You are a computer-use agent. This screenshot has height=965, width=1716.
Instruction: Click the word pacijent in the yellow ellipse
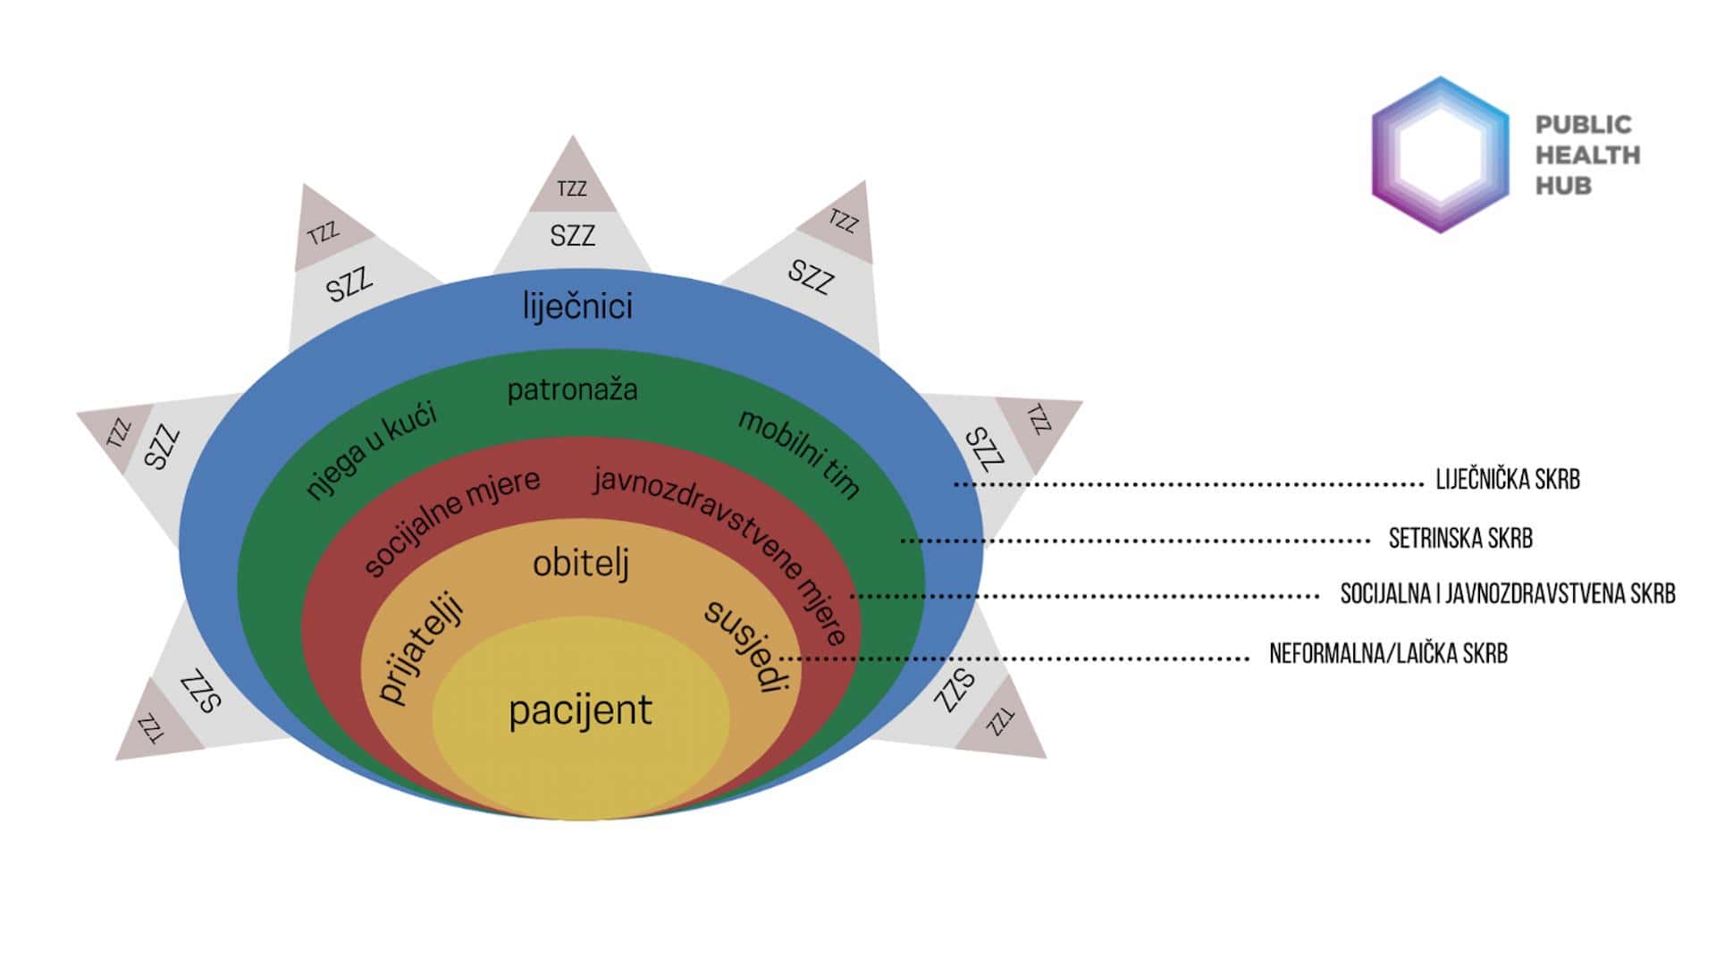(x=580, y=711)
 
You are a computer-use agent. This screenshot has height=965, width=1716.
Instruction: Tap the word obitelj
(x=581, y=563)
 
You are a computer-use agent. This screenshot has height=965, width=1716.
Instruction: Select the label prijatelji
(x=421, y=649)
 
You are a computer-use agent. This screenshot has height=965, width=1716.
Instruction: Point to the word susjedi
(x=747, y=645)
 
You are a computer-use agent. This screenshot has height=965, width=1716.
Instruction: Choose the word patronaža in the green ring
(x=572, y=390)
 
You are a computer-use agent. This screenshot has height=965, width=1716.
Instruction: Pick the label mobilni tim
(x=799, y=453)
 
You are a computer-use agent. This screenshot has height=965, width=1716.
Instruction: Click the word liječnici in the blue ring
(x=577, y=306)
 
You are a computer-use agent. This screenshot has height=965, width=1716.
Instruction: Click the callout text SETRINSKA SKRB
(x=1460, y=538)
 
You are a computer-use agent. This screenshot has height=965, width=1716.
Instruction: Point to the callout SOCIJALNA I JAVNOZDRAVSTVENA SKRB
(x=1508, y=594)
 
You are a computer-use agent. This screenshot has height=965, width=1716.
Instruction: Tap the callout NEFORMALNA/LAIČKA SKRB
(x=1388, y=654)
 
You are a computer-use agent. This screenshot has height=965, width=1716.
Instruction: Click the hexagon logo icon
(x=1440, y=155)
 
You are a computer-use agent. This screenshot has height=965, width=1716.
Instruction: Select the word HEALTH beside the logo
(x=1587, y=155)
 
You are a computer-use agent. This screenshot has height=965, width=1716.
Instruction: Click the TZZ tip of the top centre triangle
(x=572, y=188)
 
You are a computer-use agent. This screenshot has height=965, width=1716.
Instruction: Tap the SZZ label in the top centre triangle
(x=572, y=236)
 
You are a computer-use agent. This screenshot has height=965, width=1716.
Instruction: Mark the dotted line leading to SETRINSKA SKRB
(x=1135, y=541)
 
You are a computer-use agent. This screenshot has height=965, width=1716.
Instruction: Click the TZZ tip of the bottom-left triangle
(x=150, y=727)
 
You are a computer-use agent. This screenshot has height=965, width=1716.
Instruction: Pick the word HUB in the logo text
(x=1563, y=186)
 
